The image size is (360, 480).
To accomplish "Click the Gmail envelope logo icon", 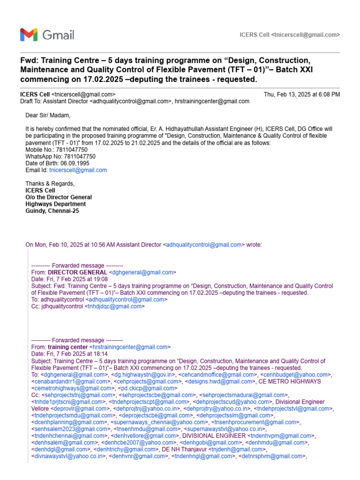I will point(29,35).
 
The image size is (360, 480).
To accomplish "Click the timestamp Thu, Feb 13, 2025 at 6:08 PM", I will point(302,94).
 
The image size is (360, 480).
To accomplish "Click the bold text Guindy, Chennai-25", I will point(52,211).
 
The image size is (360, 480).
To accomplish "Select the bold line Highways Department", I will point(55,204).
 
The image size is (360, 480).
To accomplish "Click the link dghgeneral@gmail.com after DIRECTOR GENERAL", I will point(142,272).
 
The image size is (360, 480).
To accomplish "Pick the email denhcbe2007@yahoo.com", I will point(139,442).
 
